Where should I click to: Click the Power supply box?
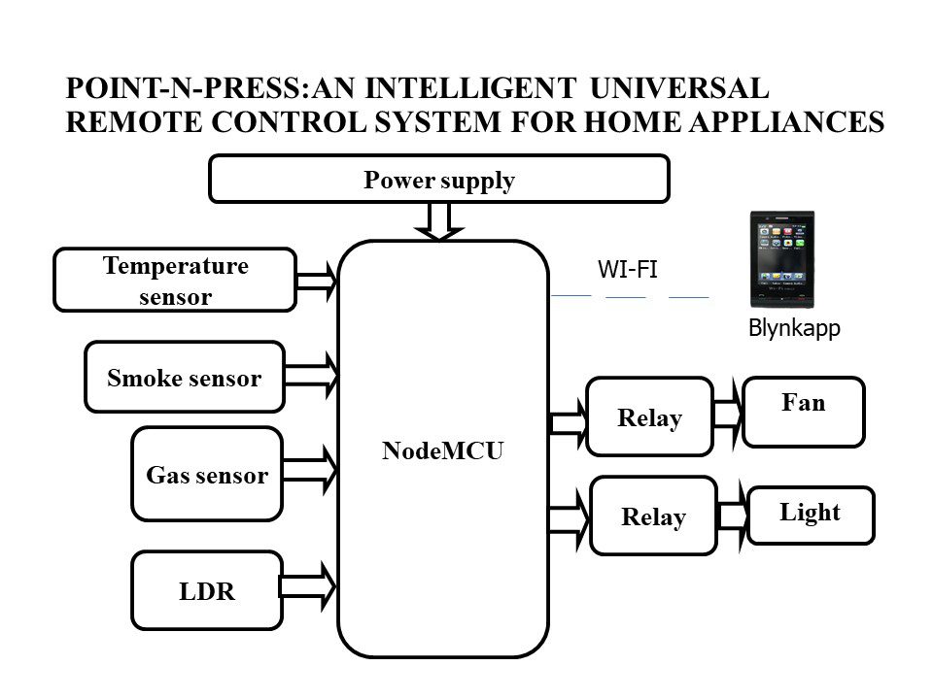click(439, 179)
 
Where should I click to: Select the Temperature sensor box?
click(175, 280)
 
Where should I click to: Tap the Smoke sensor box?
click(185, 377)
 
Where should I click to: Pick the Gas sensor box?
click(207, 474)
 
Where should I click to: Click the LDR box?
click(206, 590)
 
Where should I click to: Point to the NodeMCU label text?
click(443, 450)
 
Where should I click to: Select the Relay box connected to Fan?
click(650, 416)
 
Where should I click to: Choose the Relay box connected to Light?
click(653, 516)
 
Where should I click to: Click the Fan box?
click(804, 412)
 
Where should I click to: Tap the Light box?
click(811, 516)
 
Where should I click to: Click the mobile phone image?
click(781, 259)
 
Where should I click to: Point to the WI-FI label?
click(628, 269)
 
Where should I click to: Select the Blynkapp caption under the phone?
click(794, 328)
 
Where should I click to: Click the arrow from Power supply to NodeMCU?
click(439, 221)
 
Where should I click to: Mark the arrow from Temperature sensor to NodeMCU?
click(317, 281)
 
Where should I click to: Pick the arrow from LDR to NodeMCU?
click(308, 586)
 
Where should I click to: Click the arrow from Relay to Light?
click(733, 516)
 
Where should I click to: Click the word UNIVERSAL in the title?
click(679, 88)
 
